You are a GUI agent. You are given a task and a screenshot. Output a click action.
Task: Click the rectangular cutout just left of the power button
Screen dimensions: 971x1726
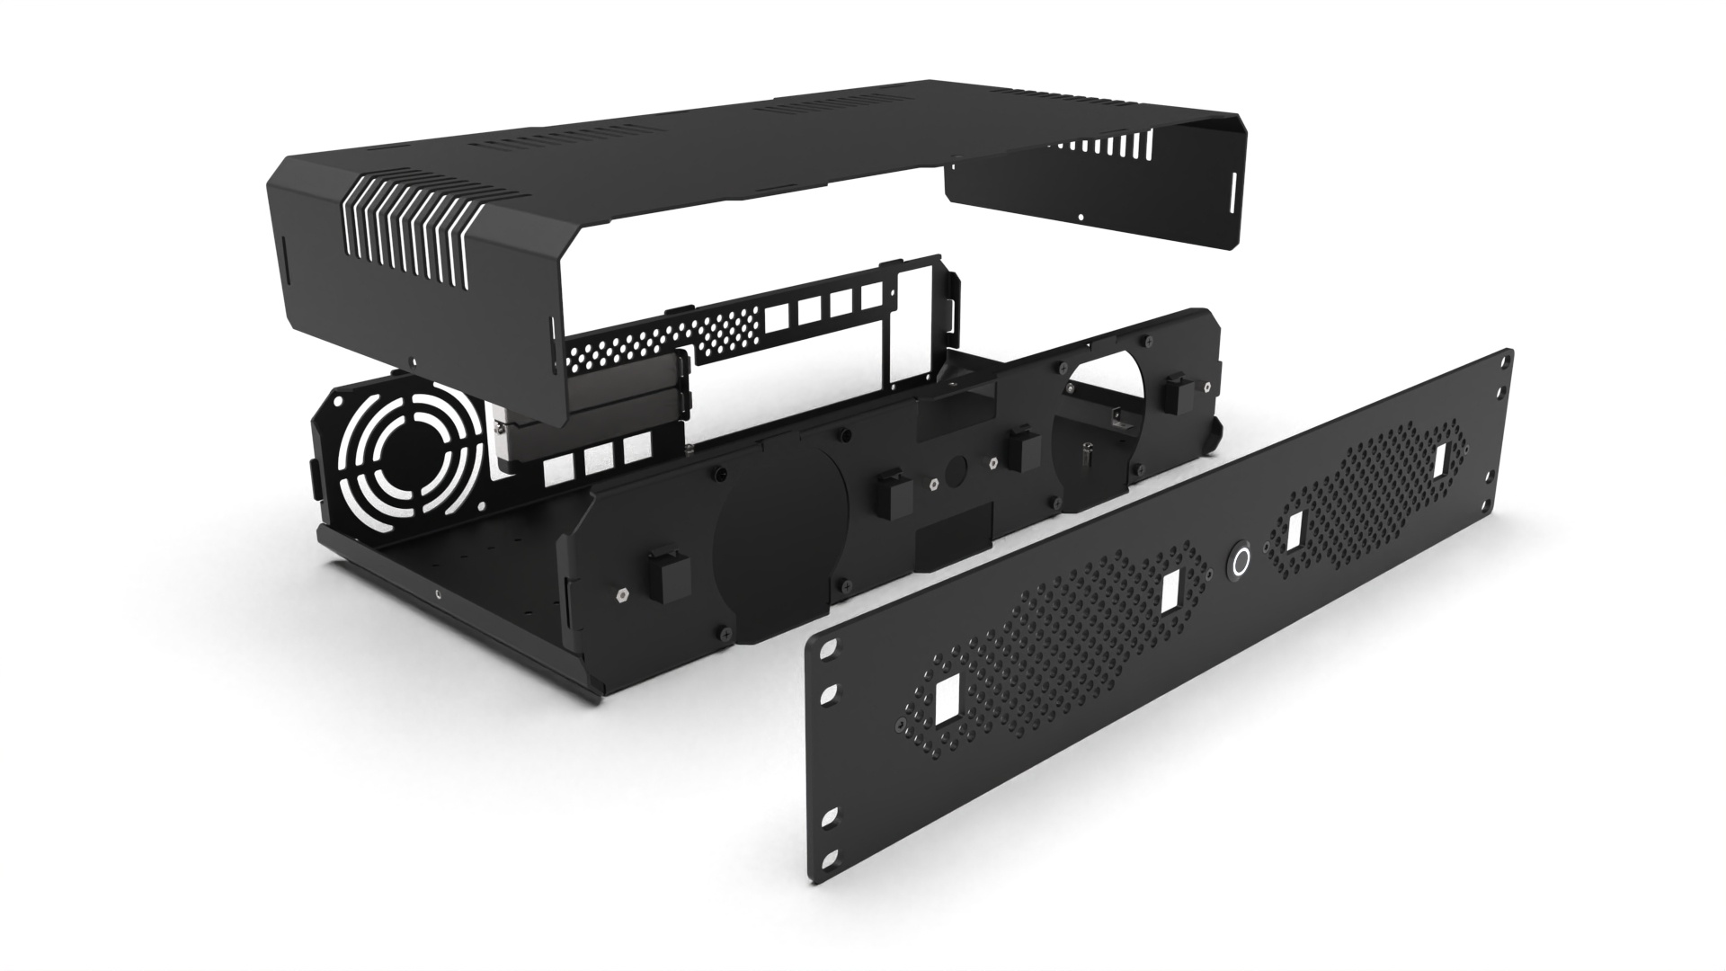[1170, 593]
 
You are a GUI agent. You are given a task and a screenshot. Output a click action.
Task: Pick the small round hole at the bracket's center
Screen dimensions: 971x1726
[955, 468]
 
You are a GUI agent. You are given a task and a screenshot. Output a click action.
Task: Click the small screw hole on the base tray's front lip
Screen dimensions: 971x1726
[437, 593]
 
